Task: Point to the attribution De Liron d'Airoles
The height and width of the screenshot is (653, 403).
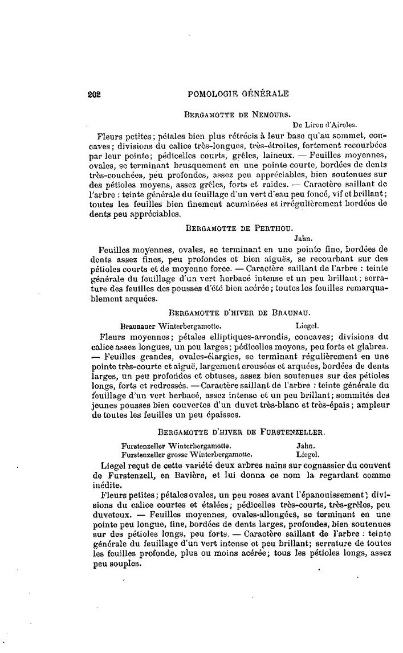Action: click(x=325, y=125)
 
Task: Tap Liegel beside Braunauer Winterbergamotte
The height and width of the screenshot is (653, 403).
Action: click(x=310, y=326)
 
